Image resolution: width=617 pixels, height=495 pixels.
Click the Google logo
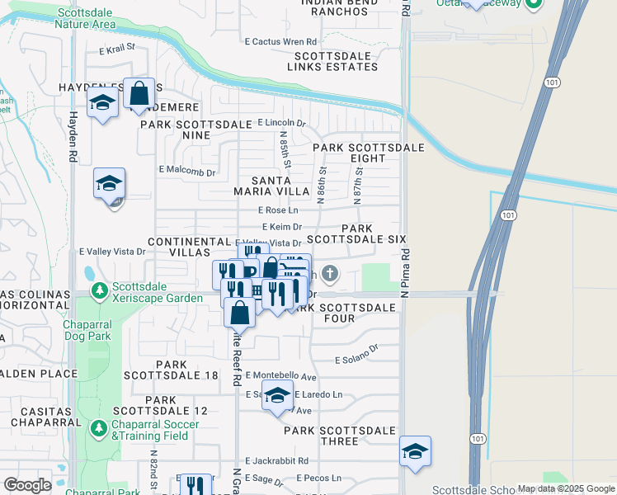tap(27, 485)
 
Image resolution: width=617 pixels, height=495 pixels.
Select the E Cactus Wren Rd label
tap(280, 41)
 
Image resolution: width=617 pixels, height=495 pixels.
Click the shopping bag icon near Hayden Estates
tap(139, 93)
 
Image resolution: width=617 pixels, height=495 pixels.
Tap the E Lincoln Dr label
tap(281, 123)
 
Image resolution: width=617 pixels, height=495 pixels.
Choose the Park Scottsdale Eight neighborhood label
tap(368, 153)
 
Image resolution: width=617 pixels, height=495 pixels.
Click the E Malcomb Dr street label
tap(187, 172)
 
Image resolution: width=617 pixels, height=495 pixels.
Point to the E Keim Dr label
tap(282, 226)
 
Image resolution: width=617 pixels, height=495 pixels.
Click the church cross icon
tap(329, 273)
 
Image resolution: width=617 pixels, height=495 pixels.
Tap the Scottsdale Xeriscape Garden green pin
tap(100, 291)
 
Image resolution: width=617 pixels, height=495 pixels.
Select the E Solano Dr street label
tap(356, 359)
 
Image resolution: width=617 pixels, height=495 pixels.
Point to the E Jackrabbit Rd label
tap(276, 461)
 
